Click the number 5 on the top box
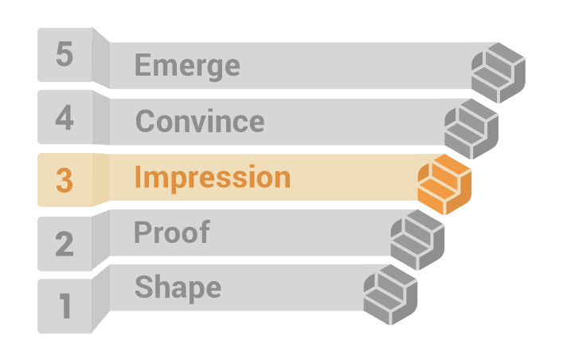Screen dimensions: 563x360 click(x=65, y=54)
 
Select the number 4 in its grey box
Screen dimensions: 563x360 click(x=65, y=117)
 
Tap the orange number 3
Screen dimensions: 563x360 click(x=65, y=180)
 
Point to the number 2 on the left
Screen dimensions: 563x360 click(x=65, y=244)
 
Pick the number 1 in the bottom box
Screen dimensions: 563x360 click(x=65, y=306)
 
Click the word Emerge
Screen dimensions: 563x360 click(x=187, y=66)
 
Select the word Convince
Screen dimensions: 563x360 click(x=200, y=121)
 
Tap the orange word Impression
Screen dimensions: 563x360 click(x=213, y=178)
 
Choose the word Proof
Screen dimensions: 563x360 click(x=172, y=232)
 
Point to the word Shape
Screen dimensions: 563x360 click(x=178, y=288)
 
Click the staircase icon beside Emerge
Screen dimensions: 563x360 click(x=498, y=73)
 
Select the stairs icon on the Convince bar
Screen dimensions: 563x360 click(x=471, y=129)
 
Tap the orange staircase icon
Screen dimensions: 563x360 click(x=444, y=184)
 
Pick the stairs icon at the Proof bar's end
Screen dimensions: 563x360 click(x=417, y=240)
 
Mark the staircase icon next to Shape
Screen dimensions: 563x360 click(x=391, y=295)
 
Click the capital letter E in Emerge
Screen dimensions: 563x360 click(x=143, y=65)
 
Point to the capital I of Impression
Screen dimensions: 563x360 click(x=138, y=177)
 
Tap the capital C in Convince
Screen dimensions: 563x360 click(x=145, y=121)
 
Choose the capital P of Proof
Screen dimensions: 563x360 click(x=143, y=232)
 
